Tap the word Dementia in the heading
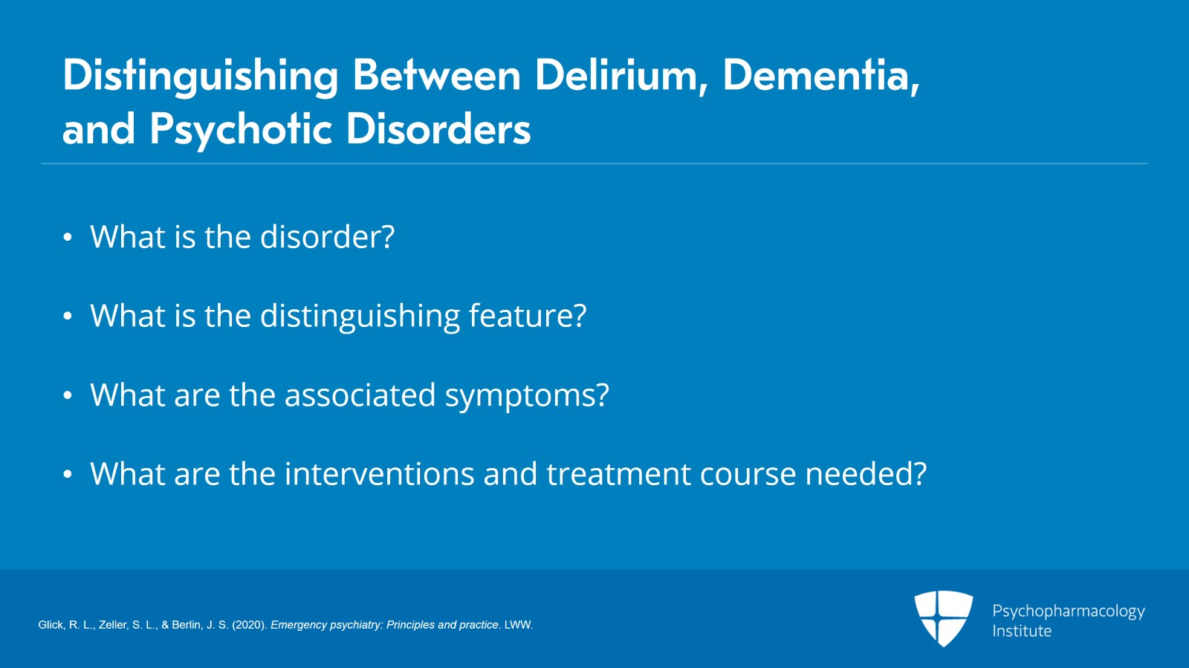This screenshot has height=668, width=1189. tap(822, 75)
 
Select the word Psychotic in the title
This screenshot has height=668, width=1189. tap(241, 129)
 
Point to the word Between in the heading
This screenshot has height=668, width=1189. tap(437, 75)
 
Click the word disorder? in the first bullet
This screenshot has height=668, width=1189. tap(328, 236)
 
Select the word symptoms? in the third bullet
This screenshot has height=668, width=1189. tap(527, 396)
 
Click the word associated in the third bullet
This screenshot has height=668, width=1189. tap(360, 395)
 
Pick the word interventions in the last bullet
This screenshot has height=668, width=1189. tap(380, 473)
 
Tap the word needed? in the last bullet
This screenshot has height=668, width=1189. tap(866, 473)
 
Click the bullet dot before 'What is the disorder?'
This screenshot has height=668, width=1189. tap(68, 237)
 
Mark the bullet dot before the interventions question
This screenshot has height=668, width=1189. tap(68, 474)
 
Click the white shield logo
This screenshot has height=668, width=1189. tap(943, 618)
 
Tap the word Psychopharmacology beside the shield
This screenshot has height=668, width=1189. tap(1069, 612)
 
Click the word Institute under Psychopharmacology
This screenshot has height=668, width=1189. tap(1022, 631)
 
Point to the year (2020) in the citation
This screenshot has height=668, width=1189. tap(250, 625)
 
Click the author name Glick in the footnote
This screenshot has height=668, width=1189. tap(51, 625)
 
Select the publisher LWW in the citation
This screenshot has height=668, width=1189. tap(518, 625)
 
